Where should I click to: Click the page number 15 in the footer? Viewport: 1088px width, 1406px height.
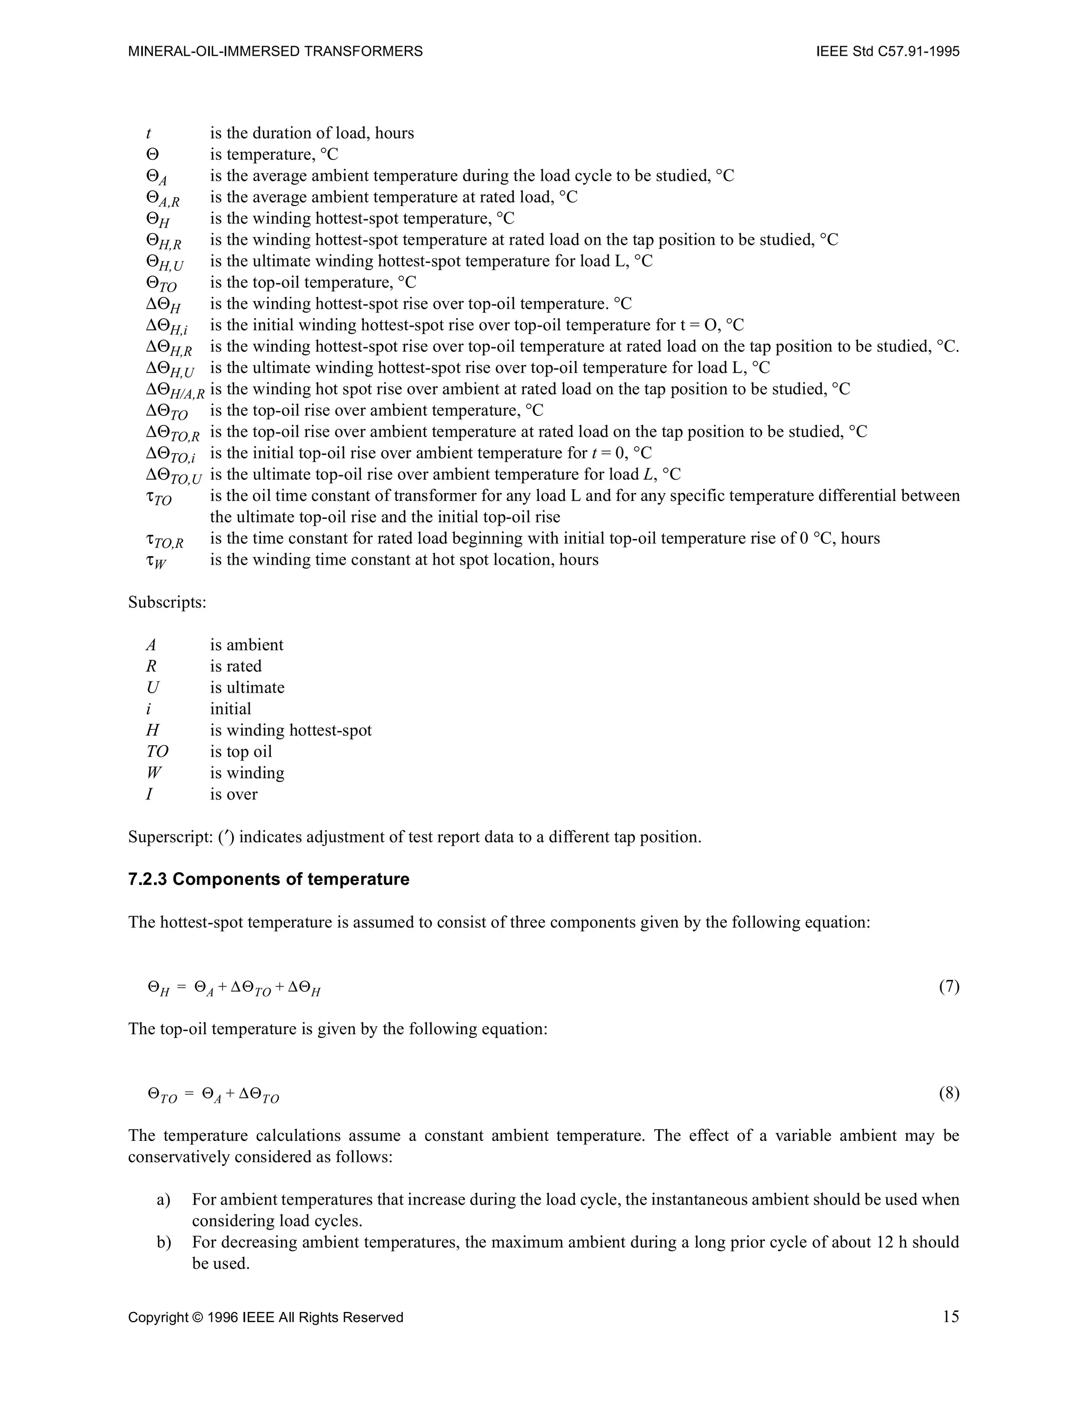(x=950, y=1317)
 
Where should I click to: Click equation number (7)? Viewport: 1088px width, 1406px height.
(x=948, y=986)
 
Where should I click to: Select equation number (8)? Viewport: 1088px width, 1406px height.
(x=948, y=1093)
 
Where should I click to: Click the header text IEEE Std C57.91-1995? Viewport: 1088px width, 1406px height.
(x=887, y=52)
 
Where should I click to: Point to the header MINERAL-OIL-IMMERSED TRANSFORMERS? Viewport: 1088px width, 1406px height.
(x=276, y=52)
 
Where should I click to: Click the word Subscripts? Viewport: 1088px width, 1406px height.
(x=167, y=602)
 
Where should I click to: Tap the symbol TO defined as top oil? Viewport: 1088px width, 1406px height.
(x=157, y=751)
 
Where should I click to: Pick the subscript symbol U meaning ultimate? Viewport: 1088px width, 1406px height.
(x=152, y=687)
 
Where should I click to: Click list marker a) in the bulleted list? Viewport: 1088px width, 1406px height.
(x=164, y=1199)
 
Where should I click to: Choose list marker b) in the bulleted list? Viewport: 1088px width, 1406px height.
(x=164, y=1242)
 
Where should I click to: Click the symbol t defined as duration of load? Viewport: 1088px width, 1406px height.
(x=149, y=133)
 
